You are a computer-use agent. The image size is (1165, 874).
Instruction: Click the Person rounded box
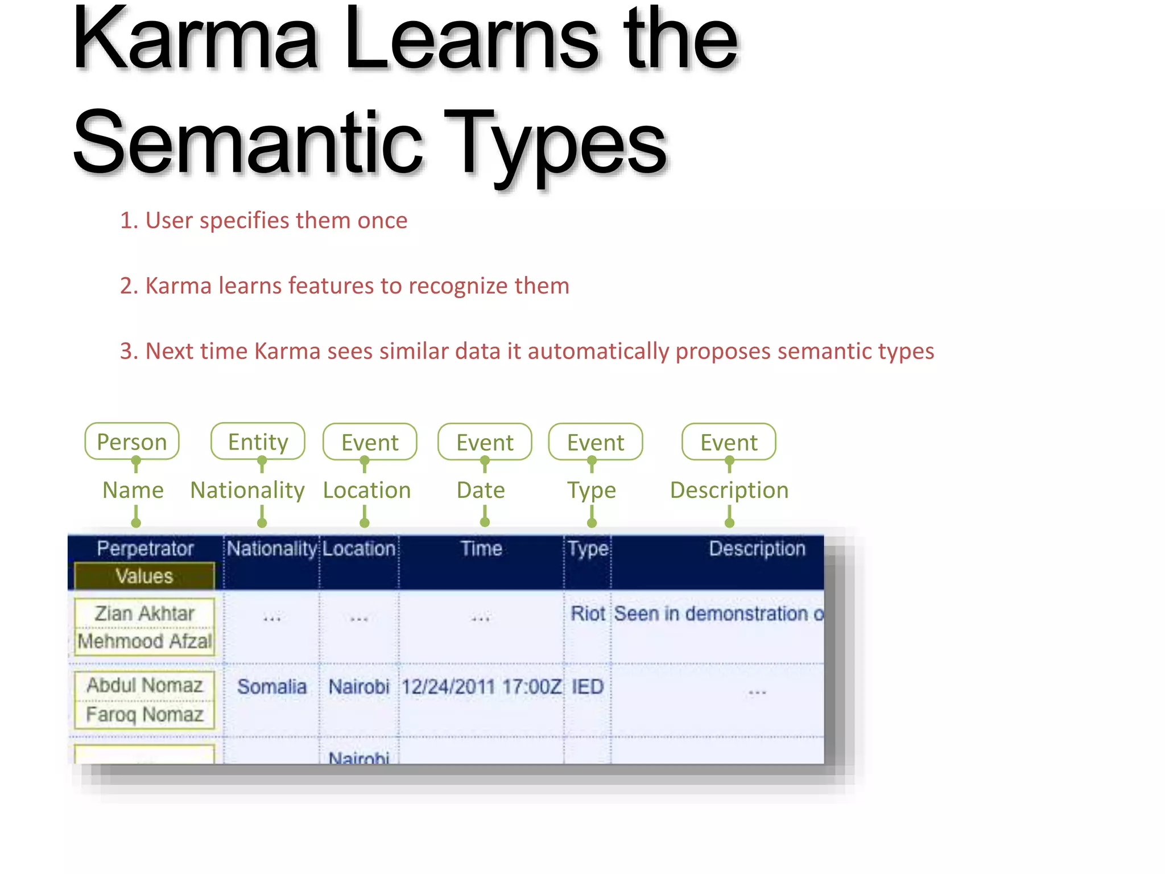[x=132, y=442]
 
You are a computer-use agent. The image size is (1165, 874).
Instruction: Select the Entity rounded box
[x=258, y=442]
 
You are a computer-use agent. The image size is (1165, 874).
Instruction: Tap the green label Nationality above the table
[x=247, y=490]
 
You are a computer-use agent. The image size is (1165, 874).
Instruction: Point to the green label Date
[x=481, y=490]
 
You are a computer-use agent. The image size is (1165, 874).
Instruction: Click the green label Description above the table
[x=729, y=490]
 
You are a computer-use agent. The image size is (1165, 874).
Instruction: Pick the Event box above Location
[x=370, y=442]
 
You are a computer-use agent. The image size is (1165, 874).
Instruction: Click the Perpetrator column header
[x=145, y=549]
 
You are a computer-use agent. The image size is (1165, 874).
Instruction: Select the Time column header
[x=481, y=549]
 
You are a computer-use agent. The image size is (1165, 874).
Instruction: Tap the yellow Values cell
[x=144, y=576]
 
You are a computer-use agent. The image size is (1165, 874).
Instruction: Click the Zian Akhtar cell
[x=144, y=613]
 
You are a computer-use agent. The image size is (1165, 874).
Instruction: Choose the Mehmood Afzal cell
[x=144, y=641]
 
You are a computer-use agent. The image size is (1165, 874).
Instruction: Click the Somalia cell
[x=271, y=687]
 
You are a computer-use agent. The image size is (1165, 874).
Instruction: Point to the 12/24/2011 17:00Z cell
[x=481, y=687]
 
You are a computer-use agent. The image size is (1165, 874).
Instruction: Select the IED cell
[x=587, y=687]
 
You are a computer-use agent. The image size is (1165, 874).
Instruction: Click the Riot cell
[x=588, y=613]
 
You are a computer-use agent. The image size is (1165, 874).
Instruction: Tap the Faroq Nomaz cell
[x=144, y=714]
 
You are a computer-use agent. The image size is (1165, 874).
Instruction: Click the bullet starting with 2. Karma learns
[x=345, y=286]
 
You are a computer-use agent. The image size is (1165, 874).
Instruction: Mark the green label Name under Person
[x=133, y=490]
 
